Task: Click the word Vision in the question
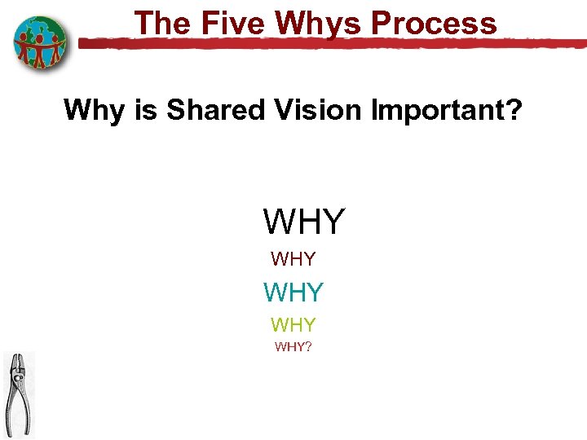(316, 109)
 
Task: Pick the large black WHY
(303, 221)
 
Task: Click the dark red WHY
(293, 260)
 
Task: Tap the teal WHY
(293, 292)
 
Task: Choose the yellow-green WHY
(293, 325)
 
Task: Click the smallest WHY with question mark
(293, 347)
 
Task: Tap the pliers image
(18, 394)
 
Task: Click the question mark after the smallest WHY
(308, 347)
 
